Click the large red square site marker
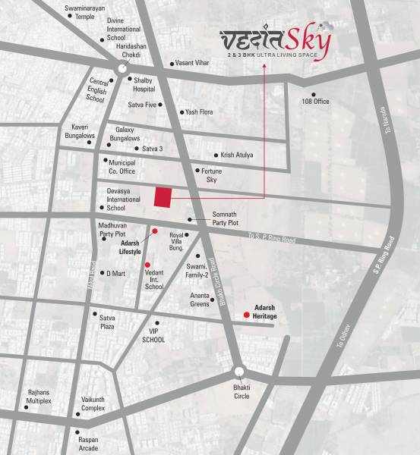pos(162,196)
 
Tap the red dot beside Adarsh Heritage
pos(246,315)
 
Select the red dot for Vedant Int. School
pos(147,265)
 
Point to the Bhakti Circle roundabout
pos(239,372)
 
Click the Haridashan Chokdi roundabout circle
pos(122,70)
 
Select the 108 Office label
pos(315,101)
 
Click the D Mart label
pos(115,273)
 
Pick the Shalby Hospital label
pos(144,83)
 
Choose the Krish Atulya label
pos(237,155)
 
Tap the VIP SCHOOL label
pos(153,336)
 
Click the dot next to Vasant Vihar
pos(171,64)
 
